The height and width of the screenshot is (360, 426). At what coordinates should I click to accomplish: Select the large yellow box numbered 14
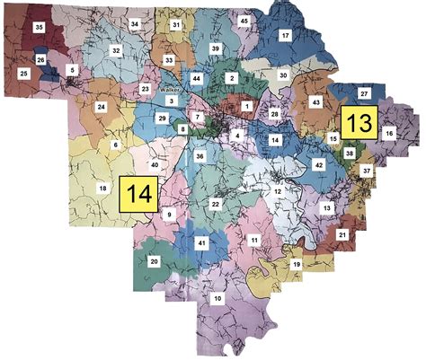coord(139,193)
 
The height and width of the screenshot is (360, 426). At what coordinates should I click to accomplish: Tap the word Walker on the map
coord(171,91)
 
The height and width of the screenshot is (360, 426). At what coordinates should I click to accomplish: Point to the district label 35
coord(39,28)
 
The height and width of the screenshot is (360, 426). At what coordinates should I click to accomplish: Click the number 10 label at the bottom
coord(217,297)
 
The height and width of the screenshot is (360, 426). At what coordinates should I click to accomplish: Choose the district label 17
coord(285,35)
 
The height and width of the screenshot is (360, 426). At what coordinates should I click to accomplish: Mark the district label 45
coord(244,20)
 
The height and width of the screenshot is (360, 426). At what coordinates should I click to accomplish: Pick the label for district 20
coord(154,261)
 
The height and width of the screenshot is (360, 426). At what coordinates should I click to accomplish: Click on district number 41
coord(202,243)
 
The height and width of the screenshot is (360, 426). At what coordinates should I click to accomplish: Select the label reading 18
coord(102,187)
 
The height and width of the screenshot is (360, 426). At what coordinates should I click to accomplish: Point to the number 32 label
coord(115,50)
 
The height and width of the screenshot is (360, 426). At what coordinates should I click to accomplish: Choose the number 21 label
coord(342,234)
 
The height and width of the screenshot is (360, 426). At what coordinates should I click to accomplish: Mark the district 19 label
coord(297,265)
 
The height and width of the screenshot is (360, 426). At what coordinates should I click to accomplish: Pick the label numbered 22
coord(216,205)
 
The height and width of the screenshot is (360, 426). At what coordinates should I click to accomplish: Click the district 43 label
coord(316,103)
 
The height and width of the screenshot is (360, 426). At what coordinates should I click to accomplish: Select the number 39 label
coord(215,47)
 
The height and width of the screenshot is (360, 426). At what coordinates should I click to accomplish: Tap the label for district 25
coord(22,72)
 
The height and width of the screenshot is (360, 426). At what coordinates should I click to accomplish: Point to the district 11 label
coord(255,241)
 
